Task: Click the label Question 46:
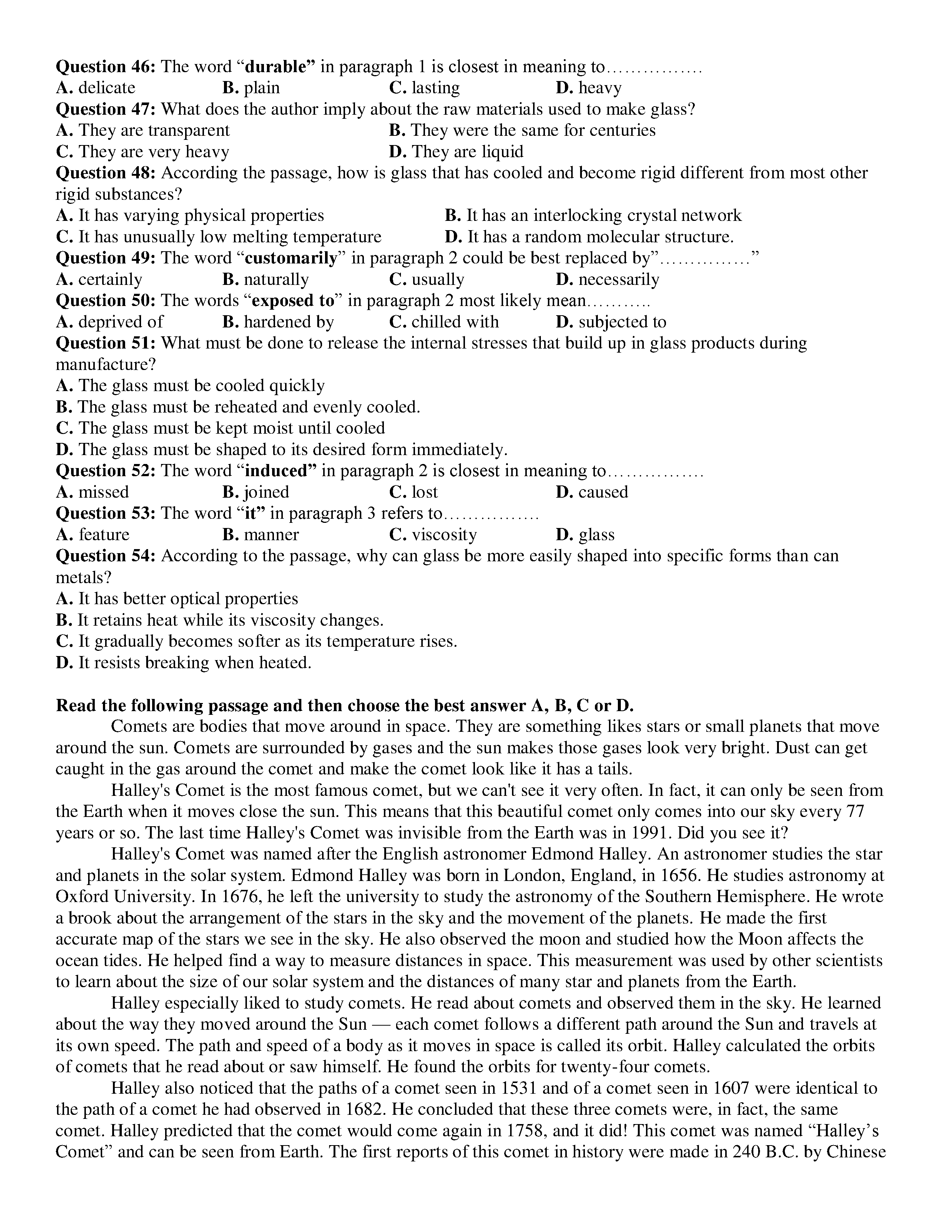[x=105, y=67]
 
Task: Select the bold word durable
[x=276, y=67]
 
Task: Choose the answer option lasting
[x=435, y=88]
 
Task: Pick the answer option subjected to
[x=622, y=322]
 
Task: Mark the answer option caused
[x=603, y=492]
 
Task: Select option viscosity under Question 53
[x=444, y=535]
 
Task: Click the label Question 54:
[x=105, y=556]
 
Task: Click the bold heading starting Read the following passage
[x=345, y=706]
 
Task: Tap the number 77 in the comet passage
[x=856, y=812]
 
